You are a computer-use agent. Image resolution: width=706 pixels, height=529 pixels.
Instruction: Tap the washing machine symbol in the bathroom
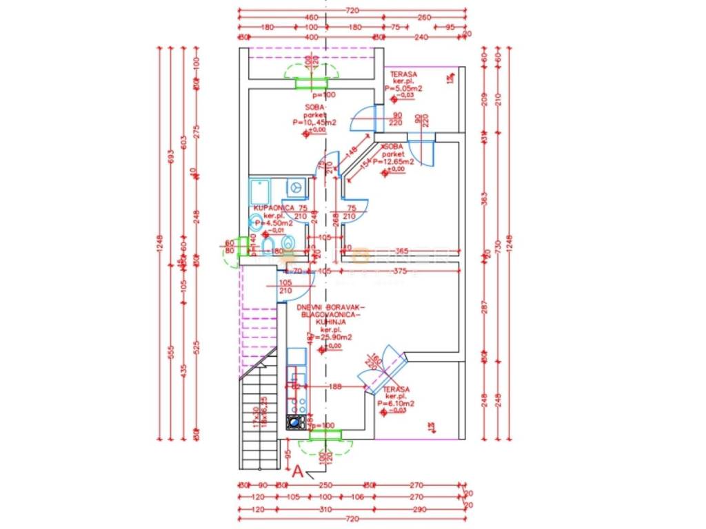click(296, 186)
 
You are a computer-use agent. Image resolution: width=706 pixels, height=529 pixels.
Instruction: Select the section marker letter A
click(298, 471)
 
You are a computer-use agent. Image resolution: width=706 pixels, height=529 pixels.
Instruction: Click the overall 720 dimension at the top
click(352, 10)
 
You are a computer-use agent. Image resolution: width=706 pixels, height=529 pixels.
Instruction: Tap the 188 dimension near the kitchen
click(336, 387)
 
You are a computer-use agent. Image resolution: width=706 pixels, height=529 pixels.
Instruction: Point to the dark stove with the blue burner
click(296, 422)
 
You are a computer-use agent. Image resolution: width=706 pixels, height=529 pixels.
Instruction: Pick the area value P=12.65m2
click(395, 162)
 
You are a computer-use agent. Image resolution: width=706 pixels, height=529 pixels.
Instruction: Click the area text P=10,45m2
click(314, 123)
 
